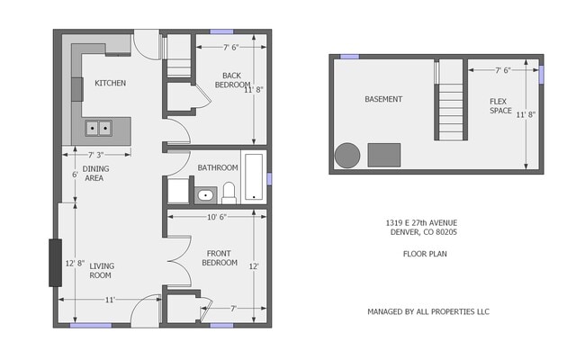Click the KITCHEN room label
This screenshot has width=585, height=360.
[x=110, y=84]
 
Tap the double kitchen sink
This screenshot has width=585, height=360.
[x=98, y=128]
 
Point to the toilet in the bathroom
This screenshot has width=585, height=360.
[x=229, y=192]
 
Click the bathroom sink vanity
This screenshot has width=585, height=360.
[x=205, y=193]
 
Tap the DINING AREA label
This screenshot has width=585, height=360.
[x=94, y=173]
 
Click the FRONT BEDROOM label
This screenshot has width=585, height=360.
[x=220, y=257]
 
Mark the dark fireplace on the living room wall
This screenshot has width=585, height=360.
[x=55, y=262]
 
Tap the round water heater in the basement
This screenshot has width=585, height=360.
[x=347, y=155]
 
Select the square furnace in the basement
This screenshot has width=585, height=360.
[x=384, y=154]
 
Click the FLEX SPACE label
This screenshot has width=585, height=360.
[x=500, y=105]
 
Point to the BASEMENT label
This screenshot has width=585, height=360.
[x=383, y=99]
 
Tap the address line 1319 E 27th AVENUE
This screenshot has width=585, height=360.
[x=422, y=222]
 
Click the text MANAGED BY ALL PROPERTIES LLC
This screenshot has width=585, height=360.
[x=427, y=311]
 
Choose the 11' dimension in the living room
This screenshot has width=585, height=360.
[x=109, y=300]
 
